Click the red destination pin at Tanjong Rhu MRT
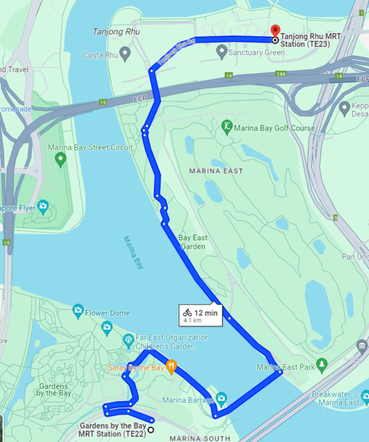tap(275, 31)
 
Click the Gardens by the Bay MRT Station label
tap(112, 429)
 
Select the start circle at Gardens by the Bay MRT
tap(151, 430)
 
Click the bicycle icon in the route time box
tap(187, 313)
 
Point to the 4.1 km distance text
tap(192, 320)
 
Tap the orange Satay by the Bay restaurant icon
tap(171, 366)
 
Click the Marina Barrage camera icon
tap(221, 398)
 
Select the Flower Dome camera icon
tap(78, 310)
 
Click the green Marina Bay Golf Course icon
tap(227, 127)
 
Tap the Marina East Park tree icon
tap(321, 366)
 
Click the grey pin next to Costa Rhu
tap(125, 53)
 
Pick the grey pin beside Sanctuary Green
tap(222, 51)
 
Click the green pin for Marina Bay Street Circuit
tap(60, 158)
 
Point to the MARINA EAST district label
tap(216, 171)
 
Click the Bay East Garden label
tap(192, 242)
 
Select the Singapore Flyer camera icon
tap(43, 206)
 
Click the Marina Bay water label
tap(134, 253)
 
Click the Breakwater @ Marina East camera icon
tap(365, 396)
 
